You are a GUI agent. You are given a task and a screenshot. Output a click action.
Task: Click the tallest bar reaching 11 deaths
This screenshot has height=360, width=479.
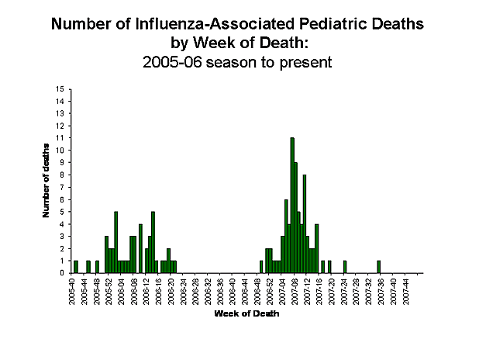pyautogui.click(x=292, y=205)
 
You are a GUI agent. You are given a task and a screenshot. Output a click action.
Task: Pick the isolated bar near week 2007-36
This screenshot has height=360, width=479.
pyautogui.click(x=379, y=266)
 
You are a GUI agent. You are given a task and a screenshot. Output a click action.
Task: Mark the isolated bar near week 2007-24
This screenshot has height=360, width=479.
pyautogui.click(x=344, y=266)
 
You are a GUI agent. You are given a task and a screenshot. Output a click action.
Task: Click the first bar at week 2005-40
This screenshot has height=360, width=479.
pyautogui.click(x=76, y=266)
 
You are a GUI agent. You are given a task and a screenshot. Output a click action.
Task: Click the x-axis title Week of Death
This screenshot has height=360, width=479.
pyautogui.click(x=246, y=315)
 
